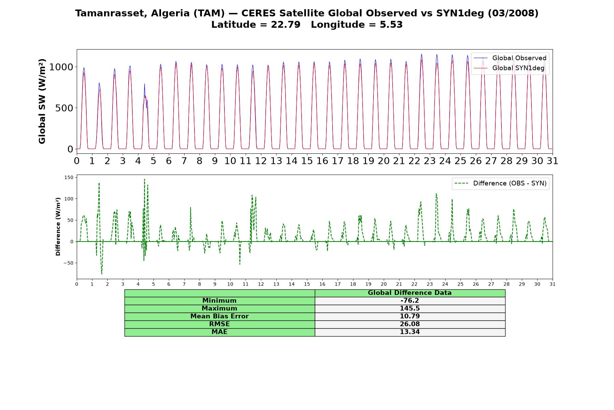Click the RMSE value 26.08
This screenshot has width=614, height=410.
pos(410,324)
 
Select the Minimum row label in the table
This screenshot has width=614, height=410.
pos(219,301)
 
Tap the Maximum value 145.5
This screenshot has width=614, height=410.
pos(410,309)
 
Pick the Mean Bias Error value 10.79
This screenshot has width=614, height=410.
pos(410,316)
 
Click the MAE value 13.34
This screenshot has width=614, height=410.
pos(410,332)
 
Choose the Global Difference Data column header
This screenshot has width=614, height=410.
pos(410,293)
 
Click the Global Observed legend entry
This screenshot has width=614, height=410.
pos(510,58)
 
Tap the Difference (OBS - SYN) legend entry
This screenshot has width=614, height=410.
pos(500,183)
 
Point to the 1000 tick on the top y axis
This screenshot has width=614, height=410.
pos(61,67)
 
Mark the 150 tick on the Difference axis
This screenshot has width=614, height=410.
pos(69,177)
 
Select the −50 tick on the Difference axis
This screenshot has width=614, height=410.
pos(68,263)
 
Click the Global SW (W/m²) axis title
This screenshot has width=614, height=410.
pos(42,101)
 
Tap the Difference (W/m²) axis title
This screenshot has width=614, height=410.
pos(58,227)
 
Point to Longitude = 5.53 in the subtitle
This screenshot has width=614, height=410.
pos(357,25)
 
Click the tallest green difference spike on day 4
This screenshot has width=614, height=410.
pos(144,179)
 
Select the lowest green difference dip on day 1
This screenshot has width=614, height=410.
pos(102,274)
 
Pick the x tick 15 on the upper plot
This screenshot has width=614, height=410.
pos(307,161)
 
